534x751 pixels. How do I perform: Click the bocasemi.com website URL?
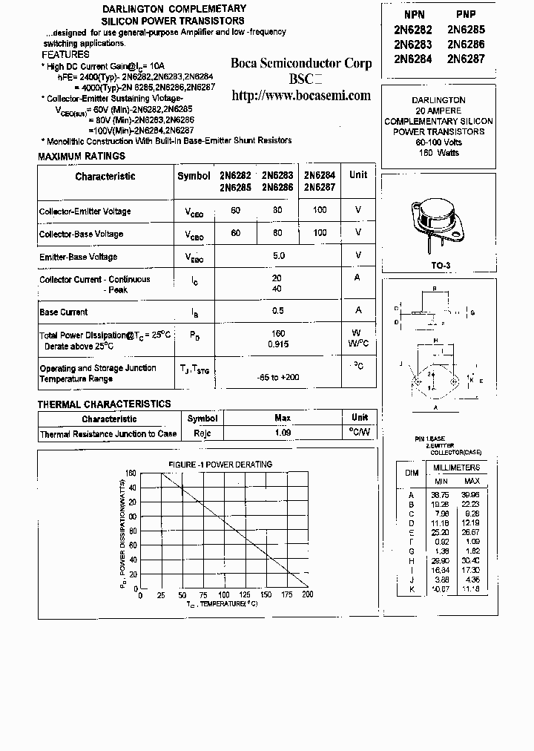click(300, 96)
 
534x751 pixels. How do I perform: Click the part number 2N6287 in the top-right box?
click(466, 58)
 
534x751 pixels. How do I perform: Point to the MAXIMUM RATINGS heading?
click(82, 156)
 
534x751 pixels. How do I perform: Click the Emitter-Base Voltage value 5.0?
click(279, 255)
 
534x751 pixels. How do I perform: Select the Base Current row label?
click(64, 312)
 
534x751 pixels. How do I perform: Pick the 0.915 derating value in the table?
click(279, 344)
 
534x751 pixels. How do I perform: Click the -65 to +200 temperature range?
click(279, 377)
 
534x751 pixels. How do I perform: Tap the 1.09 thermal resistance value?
click(283, 433)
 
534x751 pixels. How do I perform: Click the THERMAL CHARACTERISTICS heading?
click(104, 404)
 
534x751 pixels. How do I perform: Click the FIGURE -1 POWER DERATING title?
click(220, 465)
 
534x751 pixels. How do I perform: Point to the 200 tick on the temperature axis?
click(307, 594)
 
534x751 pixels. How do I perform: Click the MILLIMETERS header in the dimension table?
click(456, 468)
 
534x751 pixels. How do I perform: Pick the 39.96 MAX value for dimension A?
click(470, 494)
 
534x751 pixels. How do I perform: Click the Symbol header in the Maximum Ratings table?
click(194, 175)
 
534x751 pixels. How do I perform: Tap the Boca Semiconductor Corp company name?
click(300, 63)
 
